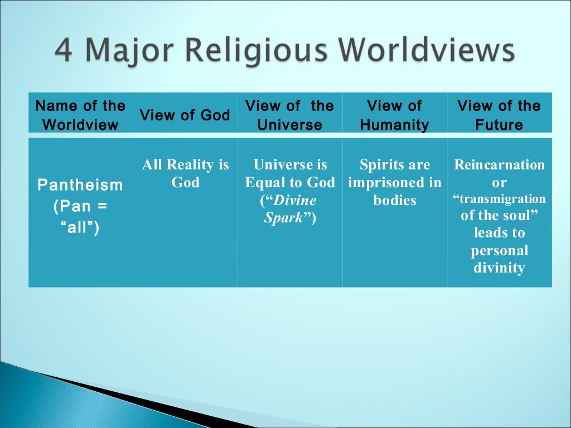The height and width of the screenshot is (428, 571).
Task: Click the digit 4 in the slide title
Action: [65, 51]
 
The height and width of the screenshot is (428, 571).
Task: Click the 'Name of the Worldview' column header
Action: [80, 115]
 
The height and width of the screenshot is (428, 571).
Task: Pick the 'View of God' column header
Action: [185, 115]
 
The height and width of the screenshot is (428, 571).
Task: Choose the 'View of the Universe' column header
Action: [289, 115]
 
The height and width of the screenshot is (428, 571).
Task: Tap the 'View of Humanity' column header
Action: [394, 115]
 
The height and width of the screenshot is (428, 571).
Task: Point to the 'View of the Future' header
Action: [499, 115]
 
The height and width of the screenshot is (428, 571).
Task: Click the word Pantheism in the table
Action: [80, 185]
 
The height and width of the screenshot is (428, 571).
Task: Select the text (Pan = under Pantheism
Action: [80, 207]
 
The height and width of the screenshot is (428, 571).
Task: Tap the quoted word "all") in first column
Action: [80, 228]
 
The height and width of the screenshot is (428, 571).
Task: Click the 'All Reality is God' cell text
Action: [185, 174]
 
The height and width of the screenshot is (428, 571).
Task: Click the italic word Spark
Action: [284, 218]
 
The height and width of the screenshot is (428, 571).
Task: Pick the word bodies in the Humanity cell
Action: [394, 201]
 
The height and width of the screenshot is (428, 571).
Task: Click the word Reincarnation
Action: [500, 165]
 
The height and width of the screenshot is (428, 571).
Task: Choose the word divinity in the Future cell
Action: [499, 268]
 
